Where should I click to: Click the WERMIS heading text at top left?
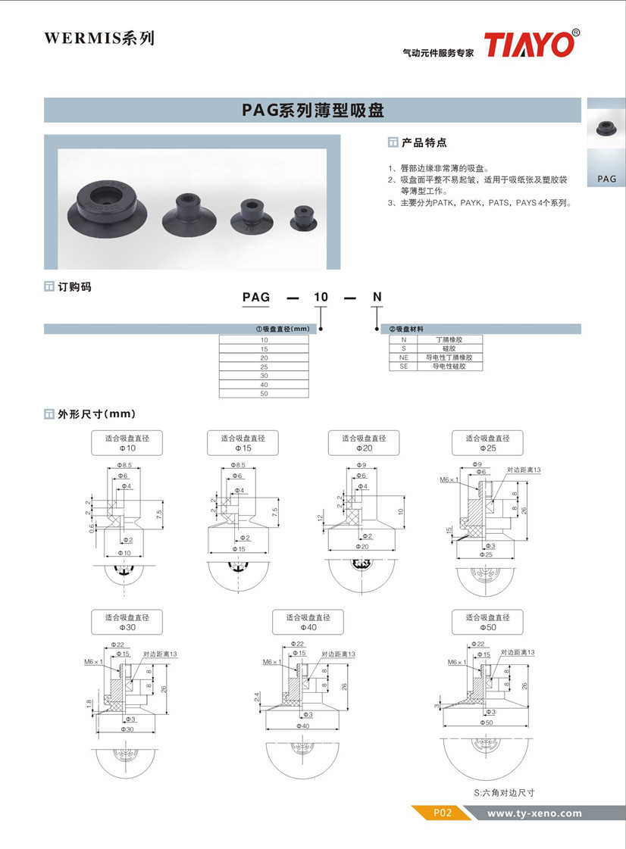(99, 38)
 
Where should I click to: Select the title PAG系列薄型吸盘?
(312, 111)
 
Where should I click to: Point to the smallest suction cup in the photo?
(304, 218)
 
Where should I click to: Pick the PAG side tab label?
(606, 179)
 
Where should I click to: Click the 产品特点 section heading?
(423, 142)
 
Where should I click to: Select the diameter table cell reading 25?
(264, 367)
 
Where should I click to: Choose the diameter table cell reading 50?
(264, 394)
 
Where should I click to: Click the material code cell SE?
(404, 367)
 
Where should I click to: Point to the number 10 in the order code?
(321, 297)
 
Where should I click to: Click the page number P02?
(442, 813)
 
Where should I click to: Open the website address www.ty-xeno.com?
(534, 813)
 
